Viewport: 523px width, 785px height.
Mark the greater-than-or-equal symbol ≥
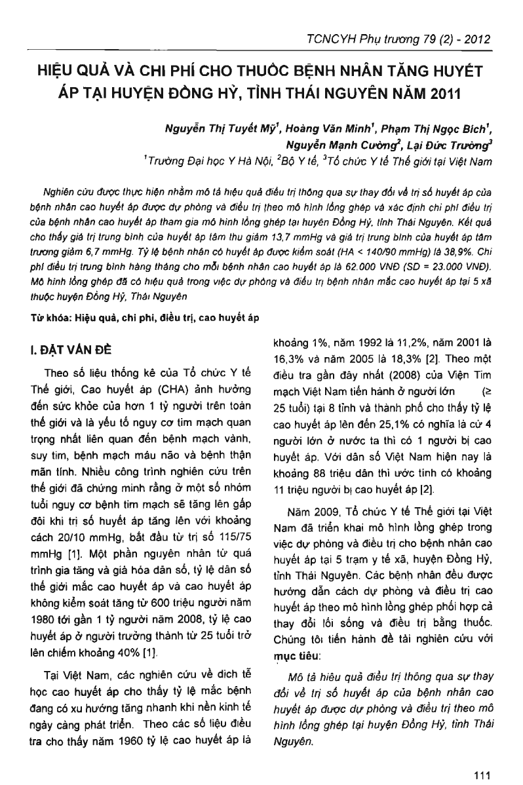pyautogui.click(x=486, y=391)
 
